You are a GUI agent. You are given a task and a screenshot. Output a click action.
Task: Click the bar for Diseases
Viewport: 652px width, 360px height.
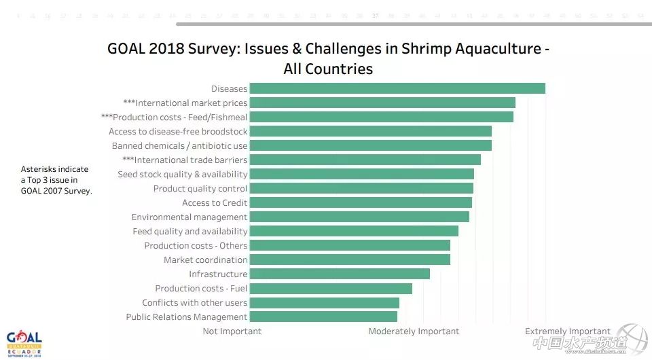point(397,88)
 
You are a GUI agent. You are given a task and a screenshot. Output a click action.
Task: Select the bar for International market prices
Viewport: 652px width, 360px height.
point(382,103)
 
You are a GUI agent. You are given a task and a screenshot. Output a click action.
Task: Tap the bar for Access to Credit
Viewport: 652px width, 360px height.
point(361,202)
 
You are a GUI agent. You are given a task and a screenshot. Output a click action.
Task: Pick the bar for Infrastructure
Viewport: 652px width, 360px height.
point(340,274)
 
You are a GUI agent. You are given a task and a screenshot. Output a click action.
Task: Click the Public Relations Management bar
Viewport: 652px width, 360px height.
point(323,317)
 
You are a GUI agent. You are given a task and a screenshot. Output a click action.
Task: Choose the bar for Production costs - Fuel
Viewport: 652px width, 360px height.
point(331,288)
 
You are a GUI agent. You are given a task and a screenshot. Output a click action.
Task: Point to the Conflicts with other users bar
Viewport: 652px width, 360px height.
point(324,302)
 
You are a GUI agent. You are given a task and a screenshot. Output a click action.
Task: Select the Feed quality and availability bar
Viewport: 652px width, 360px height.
point(354,231)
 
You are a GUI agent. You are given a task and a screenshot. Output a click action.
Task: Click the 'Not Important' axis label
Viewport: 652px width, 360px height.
point(232,331)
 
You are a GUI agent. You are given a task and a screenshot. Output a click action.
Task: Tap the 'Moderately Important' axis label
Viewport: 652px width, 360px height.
point(414,331)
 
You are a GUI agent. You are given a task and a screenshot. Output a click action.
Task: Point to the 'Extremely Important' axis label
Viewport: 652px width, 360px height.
point(567,331)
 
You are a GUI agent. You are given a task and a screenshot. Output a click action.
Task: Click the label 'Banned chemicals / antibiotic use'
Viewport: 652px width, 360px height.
point(179,145)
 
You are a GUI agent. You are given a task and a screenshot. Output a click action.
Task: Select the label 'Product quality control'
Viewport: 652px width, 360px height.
point(200,188)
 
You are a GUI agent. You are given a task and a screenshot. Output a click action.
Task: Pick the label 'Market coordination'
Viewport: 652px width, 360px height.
point(205,259)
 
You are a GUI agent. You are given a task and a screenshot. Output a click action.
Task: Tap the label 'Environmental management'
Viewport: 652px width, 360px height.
point(189,217)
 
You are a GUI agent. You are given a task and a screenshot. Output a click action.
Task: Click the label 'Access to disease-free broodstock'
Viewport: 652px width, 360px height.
point(178,131)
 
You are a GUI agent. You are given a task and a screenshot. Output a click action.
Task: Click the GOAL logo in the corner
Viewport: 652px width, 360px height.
point(24,342)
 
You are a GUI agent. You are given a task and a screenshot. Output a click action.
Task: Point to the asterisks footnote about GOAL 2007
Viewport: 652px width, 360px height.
point(56,180)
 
